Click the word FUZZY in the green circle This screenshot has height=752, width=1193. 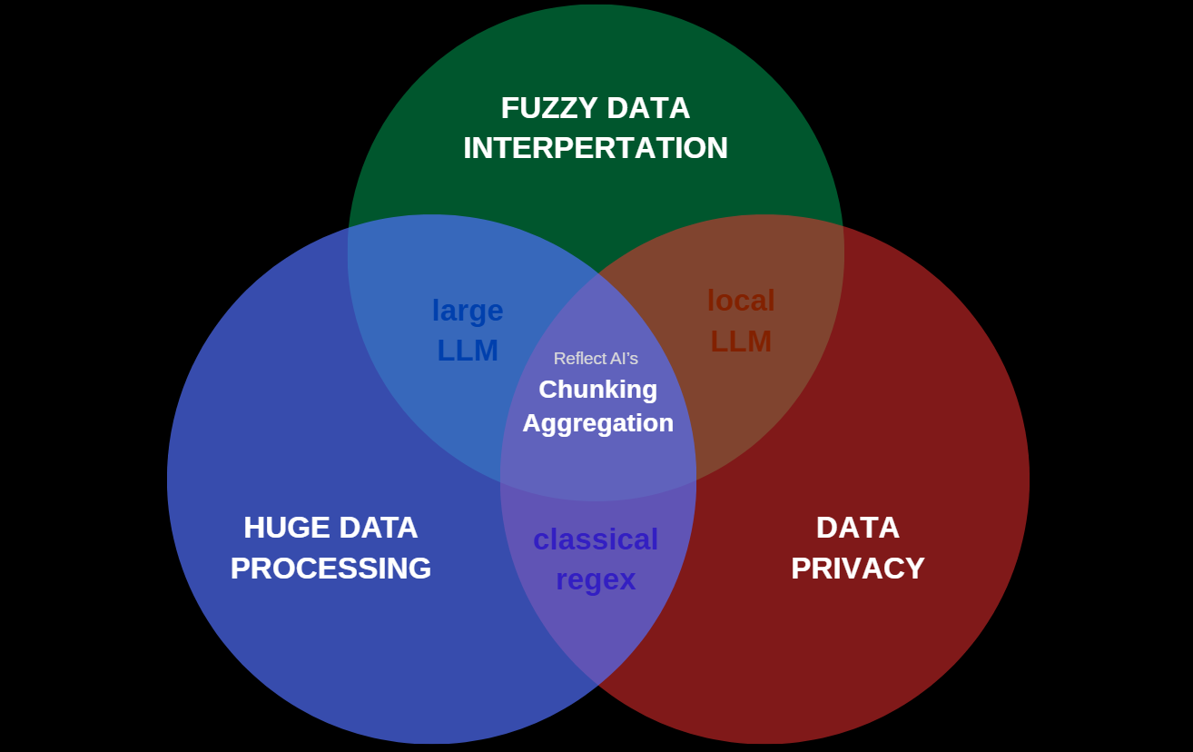(x=542, y=108)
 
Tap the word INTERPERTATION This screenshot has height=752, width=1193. (x=596, y=148)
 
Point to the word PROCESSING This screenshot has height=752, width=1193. (x=330, y=569)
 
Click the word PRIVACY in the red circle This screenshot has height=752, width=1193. (x=857, y=569)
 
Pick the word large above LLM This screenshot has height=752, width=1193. (x=468, y=311)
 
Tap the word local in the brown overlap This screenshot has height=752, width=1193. (x=741, y=301)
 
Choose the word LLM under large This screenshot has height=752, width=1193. (x=468, y=351)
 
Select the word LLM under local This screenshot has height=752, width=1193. (x=741, y=341)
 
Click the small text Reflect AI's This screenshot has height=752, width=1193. (x=596, y=359)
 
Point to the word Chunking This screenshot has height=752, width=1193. (x=597, y=390)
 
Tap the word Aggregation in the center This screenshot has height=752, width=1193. (x=597, y=423)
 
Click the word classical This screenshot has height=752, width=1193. (x=596, y=539)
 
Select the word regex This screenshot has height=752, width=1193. (x=596, y=579)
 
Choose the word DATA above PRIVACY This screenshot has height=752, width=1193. (x=857, y=528)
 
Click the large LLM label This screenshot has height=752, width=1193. (x=468, y=331)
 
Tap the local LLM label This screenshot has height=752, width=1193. (x=741, y=322)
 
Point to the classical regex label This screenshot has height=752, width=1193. (x=596, y=559)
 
